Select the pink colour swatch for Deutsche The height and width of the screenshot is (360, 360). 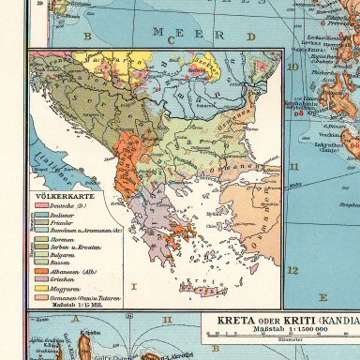42,203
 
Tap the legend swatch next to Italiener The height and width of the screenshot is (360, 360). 42,214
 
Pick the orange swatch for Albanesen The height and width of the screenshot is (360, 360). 42,272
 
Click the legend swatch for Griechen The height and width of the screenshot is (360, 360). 42,281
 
